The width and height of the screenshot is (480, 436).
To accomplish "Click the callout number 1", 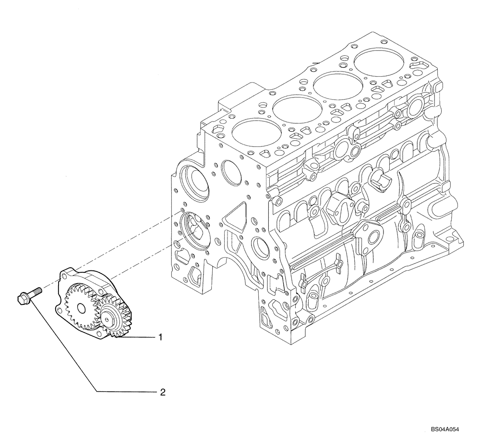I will tap(162, 338).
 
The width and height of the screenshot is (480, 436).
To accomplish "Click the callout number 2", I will tap(162, 392).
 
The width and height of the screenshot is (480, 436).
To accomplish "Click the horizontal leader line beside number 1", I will tap(142, 338).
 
